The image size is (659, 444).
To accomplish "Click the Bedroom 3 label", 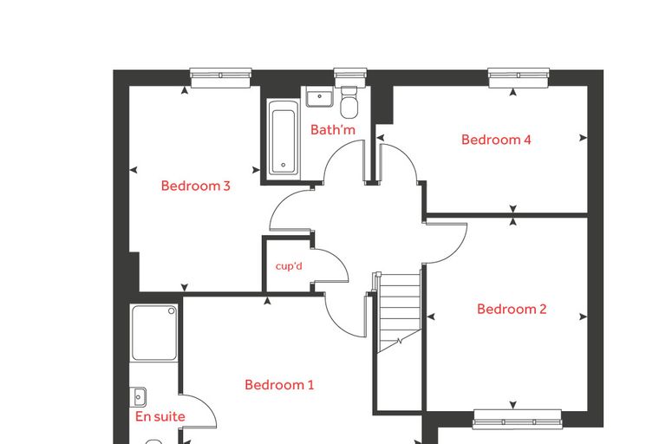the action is click(196, 186).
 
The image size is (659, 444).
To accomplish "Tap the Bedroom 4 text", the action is click(496, 140).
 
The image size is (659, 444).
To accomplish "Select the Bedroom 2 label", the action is click(512, 309).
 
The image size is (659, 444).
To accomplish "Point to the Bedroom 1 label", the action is click(279, 385).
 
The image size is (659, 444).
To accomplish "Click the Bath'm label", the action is click(333, 129).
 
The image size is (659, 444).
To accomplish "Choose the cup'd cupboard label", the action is click(289, 266).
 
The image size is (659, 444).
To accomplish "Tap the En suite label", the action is click(160, 416).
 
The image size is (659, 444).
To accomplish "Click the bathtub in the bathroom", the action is click(284, 139).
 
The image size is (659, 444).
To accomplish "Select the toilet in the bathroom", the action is click(349, 102).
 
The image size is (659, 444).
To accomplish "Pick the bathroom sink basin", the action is click(319, 98).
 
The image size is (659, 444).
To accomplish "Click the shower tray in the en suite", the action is click(153, 333).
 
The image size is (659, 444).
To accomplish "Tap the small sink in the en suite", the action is click(138, 397).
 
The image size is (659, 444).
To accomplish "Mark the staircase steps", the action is click(399, 312).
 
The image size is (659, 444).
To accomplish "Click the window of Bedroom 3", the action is click(220, 78).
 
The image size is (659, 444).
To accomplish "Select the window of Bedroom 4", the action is click(519, 78).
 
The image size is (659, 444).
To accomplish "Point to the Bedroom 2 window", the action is click(518, 419).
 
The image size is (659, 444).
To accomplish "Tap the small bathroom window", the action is click(350, 77).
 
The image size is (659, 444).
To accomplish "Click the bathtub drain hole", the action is click(284, 166).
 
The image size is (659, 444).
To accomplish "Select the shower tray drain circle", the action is click(172, 311).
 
